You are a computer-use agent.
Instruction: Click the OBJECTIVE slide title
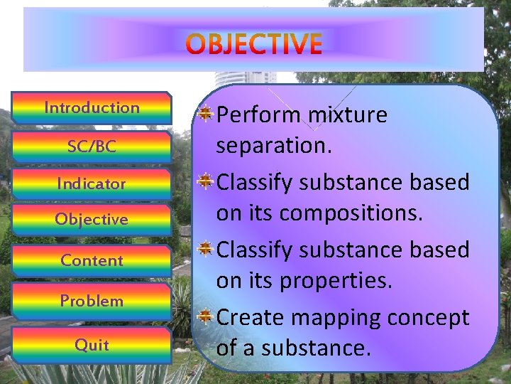point(255,44)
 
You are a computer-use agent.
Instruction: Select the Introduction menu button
point(92,108)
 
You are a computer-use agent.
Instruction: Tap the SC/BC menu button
point(92,146)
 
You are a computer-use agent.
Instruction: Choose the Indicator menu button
point(92,183)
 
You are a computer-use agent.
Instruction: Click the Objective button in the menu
point(92,220)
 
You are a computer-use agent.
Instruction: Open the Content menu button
point(92,260)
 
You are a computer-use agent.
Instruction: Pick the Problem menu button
point(92,301)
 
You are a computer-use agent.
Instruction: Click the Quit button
point(92,345)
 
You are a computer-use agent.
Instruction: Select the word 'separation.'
point(269,146)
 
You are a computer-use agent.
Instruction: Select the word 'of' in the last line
point(226,348)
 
